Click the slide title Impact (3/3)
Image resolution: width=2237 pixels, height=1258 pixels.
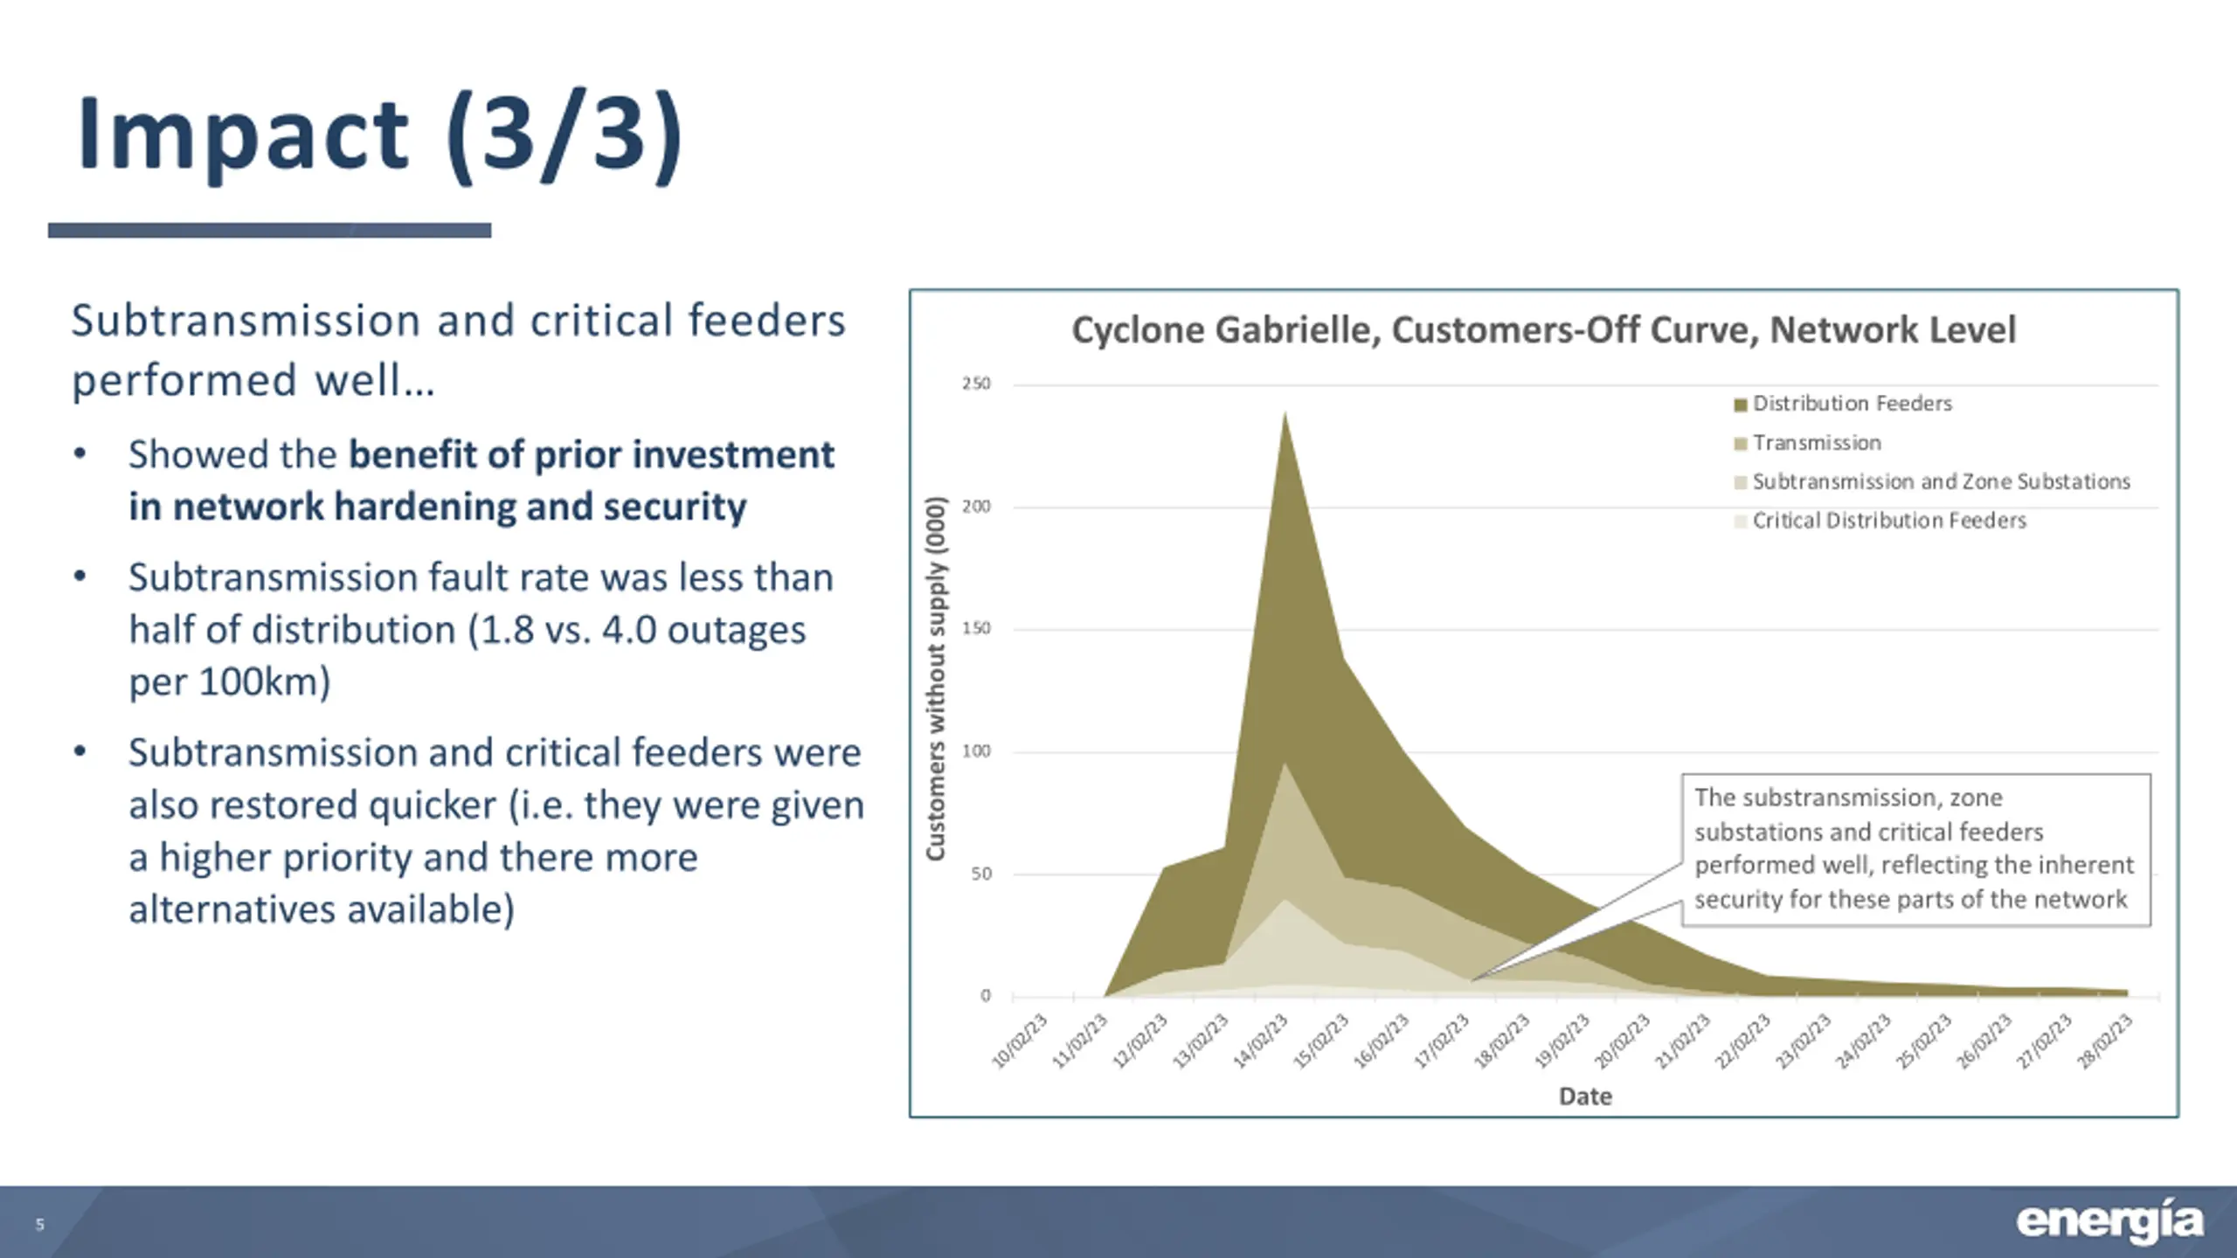click(380, 135)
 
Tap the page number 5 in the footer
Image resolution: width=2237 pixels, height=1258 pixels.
click(39, 1225)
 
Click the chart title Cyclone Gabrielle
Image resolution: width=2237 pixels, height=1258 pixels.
click(1543, 330)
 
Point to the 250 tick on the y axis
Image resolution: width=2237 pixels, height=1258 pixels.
click(976, 384)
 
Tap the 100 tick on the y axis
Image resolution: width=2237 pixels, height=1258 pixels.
click(976, 751)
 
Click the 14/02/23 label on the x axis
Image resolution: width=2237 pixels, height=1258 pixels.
click(1261, 1040)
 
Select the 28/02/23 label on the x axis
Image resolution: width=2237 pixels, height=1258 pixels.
click(2105, 1040)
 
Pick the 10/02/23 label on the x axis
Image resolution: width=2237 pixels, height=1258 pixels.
click(1019, 1040)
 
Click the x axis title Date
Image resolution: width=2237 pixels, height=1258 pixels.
click(1585, 1096)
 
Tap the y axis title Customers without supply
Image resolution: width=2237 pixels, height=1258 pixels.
click(936, 679)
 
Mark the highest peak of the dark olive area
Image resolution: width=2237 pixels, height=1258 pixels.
click(1285, 414)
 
